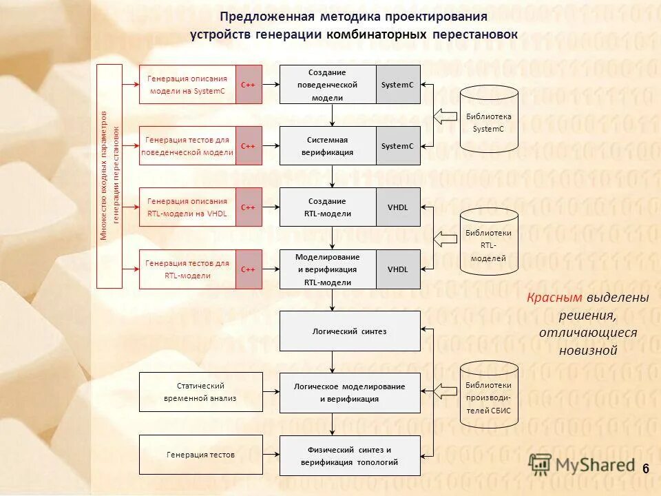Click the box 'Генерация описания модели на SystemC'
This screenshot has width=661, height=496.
(x=187, y=84)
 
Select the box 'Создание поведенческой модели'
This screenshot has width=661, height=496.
(x=328, y=84)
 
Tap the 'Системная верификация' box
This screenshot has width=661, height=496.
(x=328, y=145)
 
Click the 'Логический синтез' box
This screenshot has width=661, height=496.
(x=350, y=331)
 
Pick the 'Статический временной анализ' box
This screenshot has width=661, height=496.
(x=201, y=392)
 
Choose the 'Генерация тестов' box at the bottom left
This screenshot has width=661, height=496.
(x=201, y=455)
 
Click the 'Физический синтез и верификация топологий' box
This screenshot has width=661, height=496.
(x=350, y=455)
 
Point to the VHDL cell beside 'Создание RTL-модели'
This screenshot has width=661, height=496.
(x=398, y=207)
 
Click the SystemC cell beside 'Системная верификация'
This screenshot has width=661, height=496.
(x=398, y=145)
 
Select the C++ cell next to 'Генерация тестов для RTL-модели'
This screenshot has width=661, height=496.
(x=249, y=269)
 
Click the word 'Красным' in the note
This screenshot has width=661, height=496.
(x=555, y=298)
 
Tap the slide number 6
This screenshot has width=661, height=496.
(x=646, y=469)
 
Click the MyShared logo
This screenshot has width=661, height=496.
(x=583, y=465)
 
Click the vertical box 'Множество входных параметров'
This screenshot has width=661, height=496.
(x=109, y=176)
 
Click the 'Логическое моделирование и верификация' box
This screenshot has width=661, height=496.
(x=350, y=393)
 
